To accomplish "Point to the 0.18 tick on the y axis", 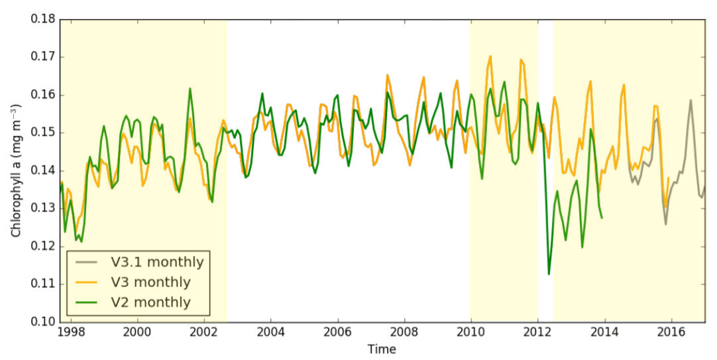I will coord(43,19).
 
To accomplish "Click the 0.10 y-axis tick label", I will coord(43,322).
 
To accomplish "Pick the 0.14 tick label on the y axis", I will coord(43,170).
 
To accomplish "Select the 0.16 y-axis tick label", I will coord(43,95).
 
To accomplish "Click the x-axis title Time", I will coord(382,349).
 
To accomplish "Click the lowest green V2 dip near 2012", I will coord(549,274).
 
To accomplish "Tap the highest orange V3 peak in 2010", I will coord(490,56).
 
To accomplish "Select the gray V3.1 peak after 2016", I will coord(690,101).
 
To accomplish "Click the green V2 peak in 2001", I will coord(190,89).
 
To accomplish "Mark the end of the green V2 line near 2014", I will coord(602,217).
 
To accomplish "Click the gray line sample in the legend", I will coord(87,262).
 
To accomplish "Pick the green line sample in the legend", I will coord(87,303).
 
